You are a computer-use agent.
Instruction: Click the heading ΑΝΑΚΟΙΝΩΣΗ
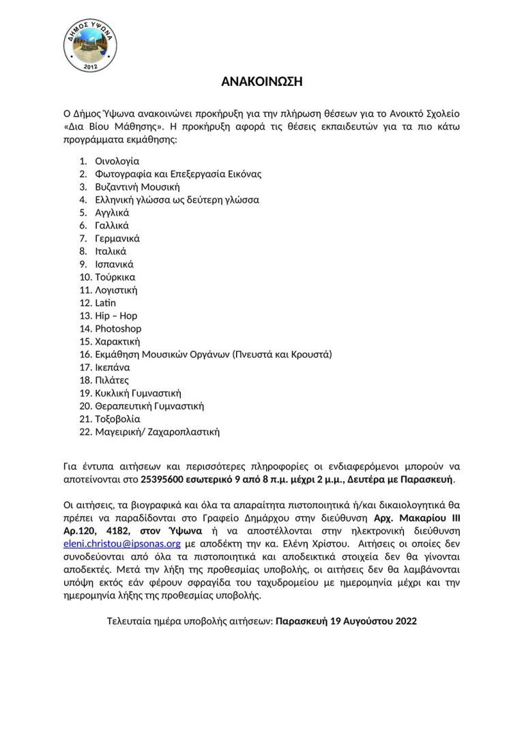click(261, 82)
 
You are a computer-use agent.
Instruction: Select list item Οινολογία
click(117, 161)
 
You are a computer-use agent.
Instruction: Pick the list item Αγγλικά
click(112, 213)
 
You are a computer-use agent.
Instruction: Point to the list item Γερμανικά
click(117, 239)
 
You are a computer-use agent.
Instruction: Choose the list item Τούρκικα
click(115, 277)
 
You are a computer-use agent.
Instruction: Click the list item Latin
click(106, 303)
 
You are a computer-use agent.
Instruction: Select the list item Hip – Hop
click(116, 316)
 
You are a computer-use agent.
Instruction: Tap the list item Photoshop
click(118, 329)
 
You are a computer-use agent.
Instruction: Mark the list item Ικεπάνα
click(112, 367)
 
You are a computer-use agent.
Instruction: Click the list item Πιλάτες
click(112, 380)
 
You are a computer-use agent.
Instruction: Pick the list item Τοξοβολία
click(117, 419)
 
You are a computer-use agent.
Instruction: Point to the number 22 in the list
click(85, 432)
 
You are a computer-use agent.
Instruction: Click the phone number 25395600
click(161, 480)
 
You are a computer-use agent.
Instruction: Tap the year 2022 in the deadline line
click(405, 622)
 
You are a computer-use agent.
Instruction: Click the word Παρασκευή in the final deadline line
click(302, 622)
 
